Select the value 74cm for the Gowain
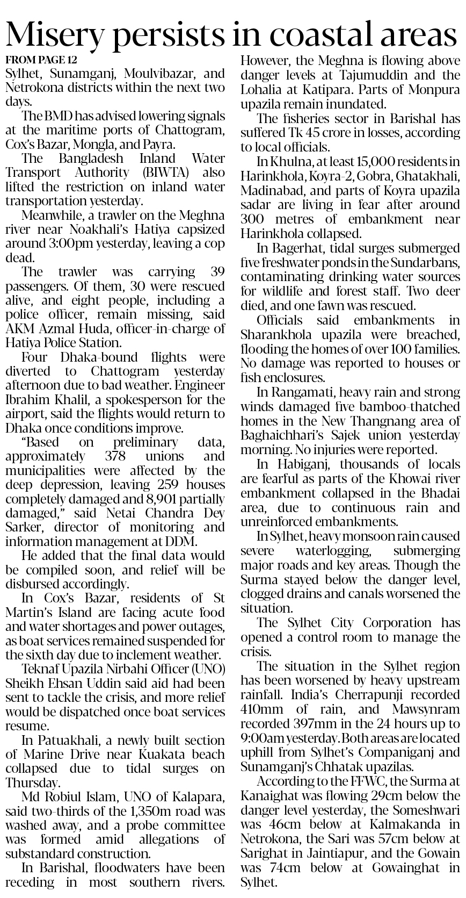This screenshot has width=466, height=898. (x=281, y=868)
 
